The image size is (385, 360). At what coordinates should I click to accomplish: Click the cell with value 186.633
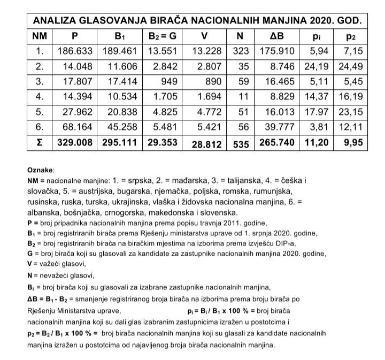(x=75, y=52)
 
